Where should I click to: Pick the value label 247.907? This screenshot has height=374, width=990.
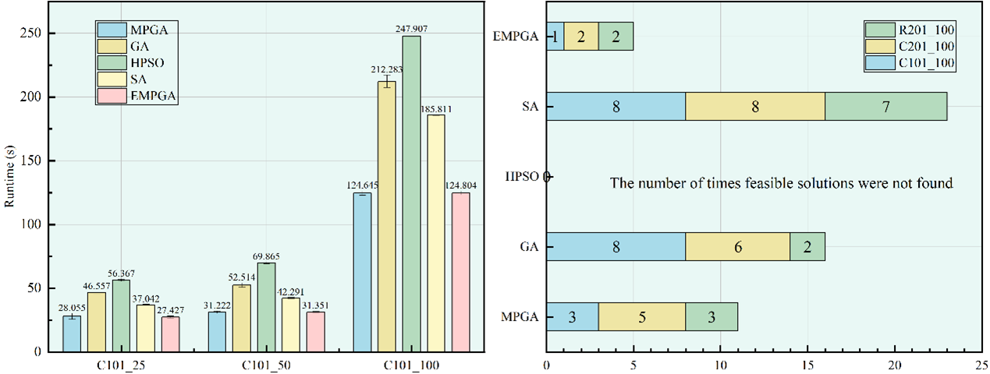pos(412,29)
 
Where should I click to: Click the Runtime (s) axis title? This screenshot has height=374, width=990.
pos(10,180)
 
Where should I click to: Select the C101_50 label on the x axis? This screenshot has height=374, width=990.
pos(263,365)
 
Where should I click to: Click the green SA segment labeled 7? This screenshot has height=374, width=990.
pos(886,106)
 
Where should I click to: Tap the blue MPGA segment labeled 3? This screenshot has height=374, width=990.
pos(572,317)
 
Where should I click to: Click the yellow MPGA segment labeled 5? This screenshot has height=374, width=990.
pos(642,317)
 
